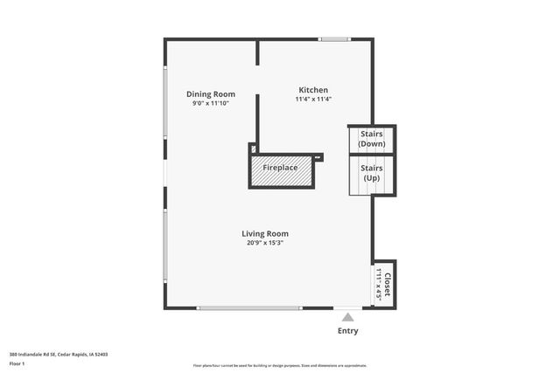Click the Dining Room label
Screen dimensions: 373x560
click(x=211, y=94)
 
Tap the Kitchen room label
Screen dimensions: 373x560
click(x=313, y=90)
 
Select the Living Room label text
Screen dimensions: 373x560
click(x=265, y=233)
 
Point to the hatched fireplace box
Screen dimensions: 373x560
click(x=281, y=172)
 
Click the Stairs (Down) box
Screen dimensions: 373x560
click(x=372, y=139)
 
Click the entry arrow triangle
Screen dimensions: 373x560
click(x=348, y=317)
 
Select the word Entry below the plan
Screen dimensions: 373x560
click(x=347, y=331)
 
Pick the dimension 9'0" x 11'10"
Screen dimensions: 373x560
click(x=211, y=103)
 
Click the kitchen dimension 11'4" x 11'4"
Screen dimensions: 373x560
click(x=313, y=99)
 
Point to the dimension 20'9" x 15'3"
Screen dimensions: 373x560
click(x=265, y=243)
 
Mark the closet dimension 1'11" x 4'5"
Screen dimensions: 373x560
click(x=379, y=284)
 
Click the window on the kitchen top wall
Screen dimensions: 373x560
click(x=334, y=38)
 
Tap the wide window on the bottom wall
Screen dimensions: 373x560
click(x=249, y=307)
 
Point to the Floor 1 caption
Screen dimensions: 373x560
click(x=17, y=363)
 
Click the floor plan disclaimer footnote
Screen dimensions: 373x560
click(x=280, y=365)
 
